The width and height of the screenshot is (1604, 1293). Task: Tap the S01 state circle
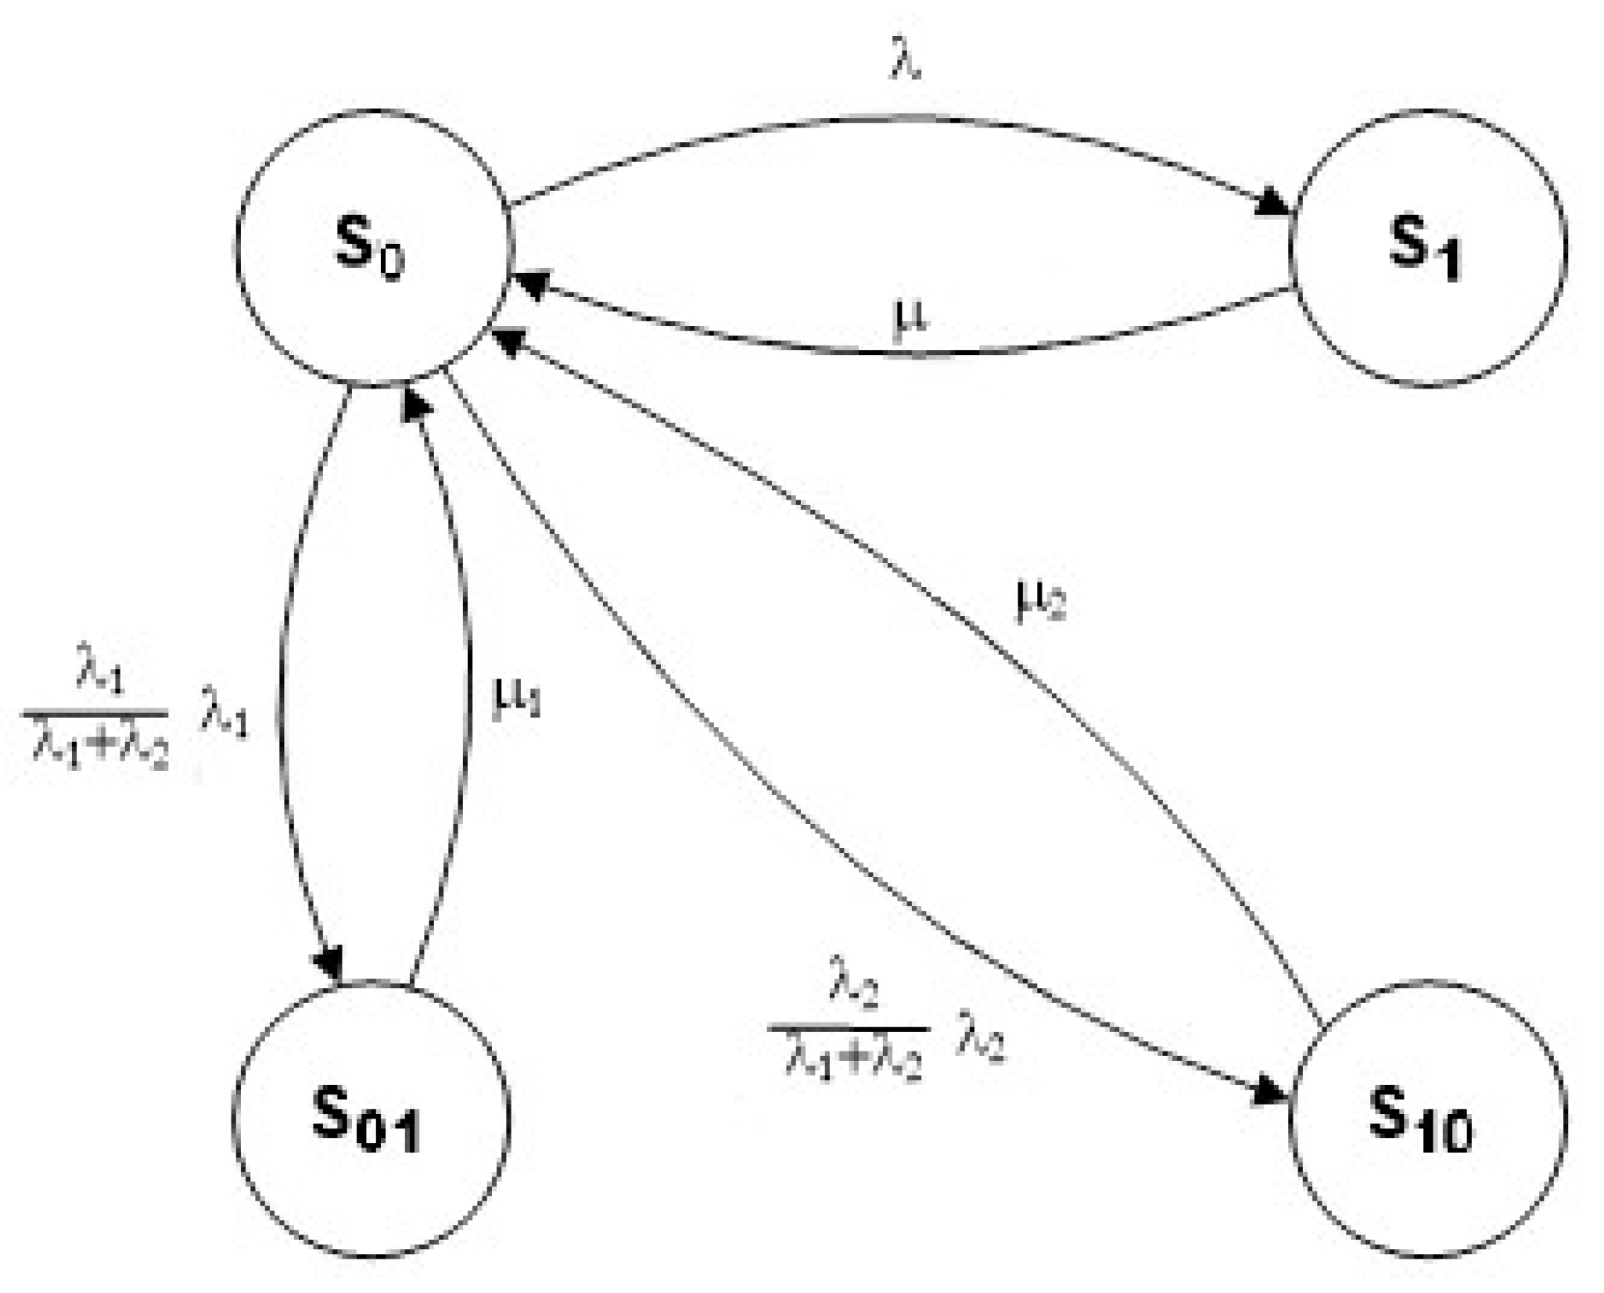coord(371,1119)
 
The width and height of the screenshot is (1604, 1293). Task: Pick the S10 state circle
coord(1426,1119)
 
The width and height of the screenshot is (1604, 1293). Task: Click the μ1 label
coord(515,698)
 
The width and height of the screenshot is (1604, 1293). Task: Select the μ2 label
coord(1040,600)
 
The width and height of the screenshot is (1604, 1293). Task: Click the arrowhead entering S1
coord(1272,205)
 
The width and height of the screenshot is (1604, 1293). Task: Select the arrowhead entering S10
coord(1270,1093)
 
